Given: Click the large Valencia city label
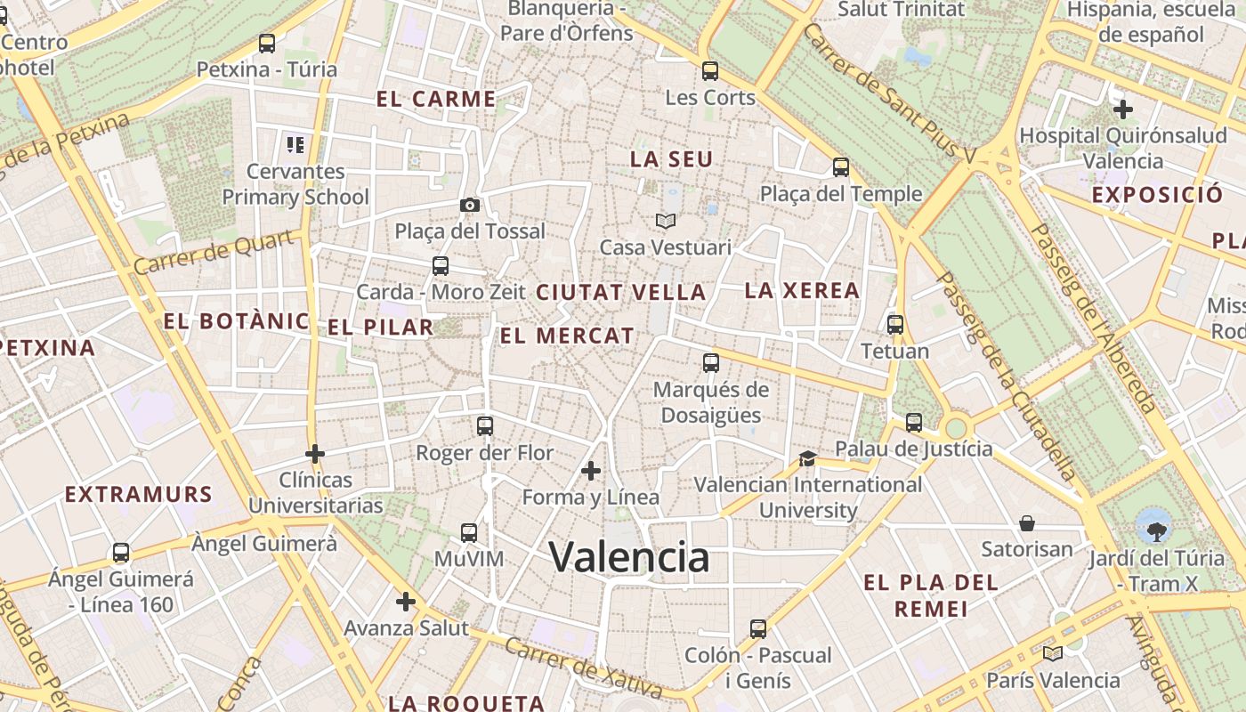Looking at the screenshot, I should (629, 558).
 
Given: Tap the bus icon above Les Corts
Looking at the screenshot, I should (709, 70).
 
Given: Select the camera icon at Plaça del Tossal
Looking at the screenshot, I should (470, 206).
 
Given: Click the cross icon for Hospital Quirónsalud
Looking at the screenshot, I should (1123, 109).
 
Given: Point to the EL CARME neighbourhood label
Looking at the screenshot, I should (436, 99).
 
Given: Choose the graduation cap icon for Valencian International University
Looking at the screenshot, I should (807, 458).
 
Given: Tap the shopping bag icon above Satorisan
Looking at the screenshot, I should (1027, 522).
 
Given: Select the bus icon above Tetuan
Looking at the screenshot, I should (895, 324).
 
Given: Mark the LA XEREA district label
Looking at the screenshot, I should (802, 290).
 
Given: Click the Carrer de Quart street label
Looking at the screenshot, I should (214, 252).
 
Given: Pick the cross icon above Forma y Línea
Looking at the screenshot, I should (591, 470).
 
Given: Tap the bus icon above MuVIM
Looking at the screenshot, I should (469, 533).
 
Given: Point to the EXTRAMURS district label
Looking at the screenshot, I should (139, 495).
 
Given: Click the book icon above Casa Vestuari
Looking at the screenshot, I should (666, 220).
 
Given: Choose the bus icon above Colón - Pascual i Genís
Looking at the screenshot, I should (757, 629).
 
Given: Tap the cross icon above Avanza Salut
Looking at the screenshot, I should (406, 602).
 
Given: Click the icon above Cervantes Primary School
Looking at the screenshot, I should (295, 144).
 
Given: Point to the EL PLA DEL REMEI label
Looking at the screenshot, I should (930, 595).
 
